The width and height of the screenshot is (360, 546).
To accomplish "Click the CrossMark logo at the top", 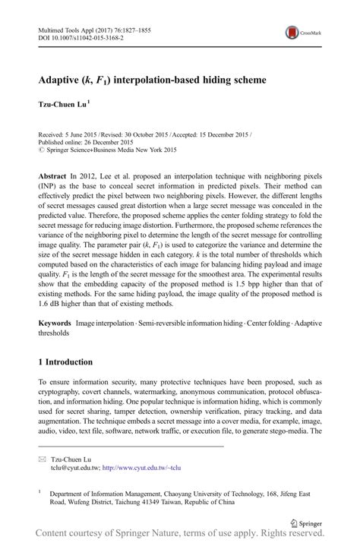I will coord(302,33).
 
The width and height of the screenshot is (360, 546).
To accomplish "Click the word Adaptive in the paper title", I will coord(66,79).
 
